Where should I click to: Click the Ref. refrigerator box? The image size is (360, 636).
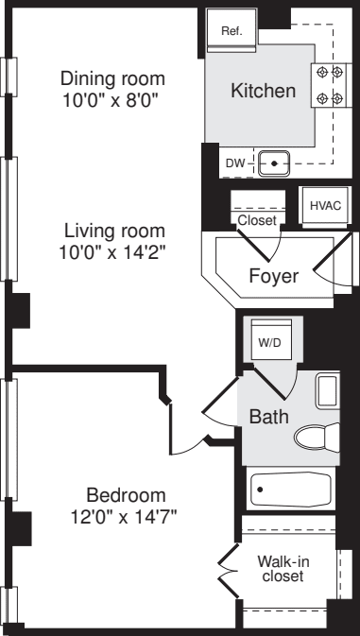(x=231, y=31)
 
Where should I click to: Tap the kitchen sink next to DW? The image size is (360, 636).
(x=274, y=163)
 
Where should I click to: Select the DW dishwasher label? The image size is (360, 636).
(x=235, y=164)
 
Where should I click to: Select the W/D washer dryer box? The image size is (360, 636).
(x=269, y=342)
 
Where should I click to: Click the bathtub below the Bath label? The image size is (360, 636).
(x=291, y=490)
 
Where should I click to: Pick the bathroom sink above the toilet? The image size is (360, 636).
(x=326, y=391)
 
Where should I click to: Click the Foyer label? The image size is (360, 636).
(x=273, y=277)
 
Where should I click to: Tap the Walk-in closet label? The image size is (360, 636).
(x=283, y=568)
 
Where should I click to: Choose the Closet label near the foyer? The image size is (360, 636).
(x=257, y=220)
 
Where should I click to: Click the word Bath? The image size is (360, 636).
(x=268, y=417)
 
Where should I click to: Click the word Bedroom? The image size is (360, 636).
(x=126, y=495)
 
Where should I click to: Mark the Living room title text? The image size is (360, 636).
(x=114, y=231)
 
